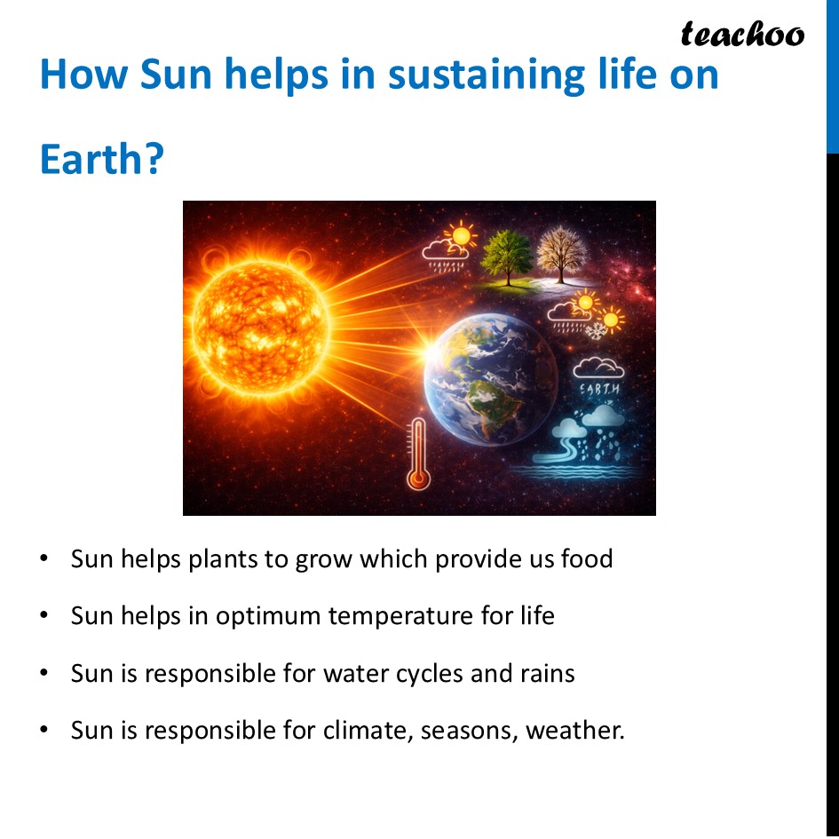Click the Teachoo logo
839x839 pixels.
[x=742, y=34]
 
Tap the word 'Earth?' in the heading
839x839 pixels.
[x=102, y=158]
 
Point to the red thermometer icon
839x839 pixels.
[x=417, y=455]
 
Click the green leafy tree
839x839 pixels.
[x=507, y=253]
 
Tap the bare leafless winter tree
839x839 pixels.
[x=561, y=252]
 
